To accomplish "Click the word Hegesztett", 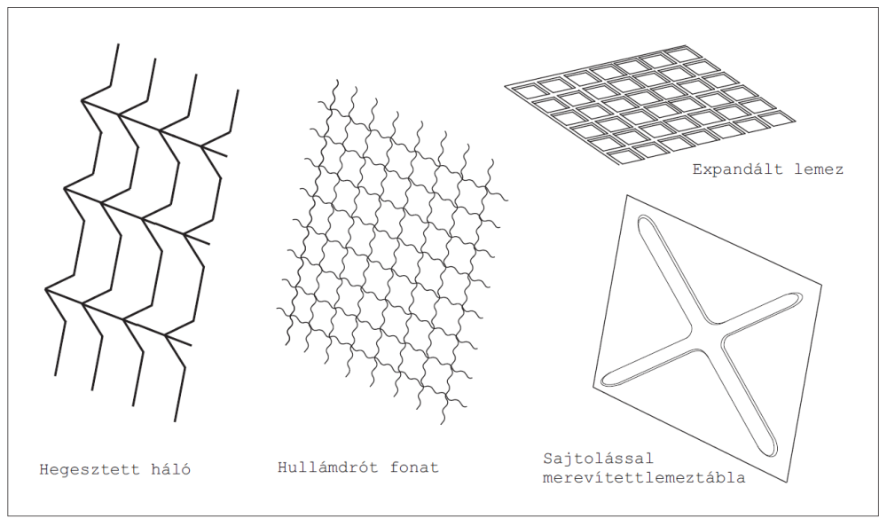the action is [x=88, y=469].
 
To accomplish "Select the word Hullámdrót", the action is [x=327, y=467].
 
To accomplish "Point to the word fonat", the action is [x=414, y=467].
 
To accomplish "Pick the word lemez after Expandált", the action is [x=819, y=169].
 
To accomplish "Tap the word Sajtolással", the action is [x=598, y=458].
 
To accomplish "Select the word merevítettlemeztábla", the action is [x=644, y=478].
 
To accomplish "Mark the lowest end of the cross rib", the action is [x=772, y=452].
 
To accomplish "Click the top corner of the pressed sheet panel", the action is [x=626, y=195].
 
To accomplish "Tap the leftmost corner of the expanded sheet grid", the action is [x=506, y=86].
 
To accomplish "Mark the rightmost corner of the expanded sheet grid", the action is [x=795, y=121].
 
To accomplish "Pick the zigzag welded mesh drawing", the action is [x=141, y=232].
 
